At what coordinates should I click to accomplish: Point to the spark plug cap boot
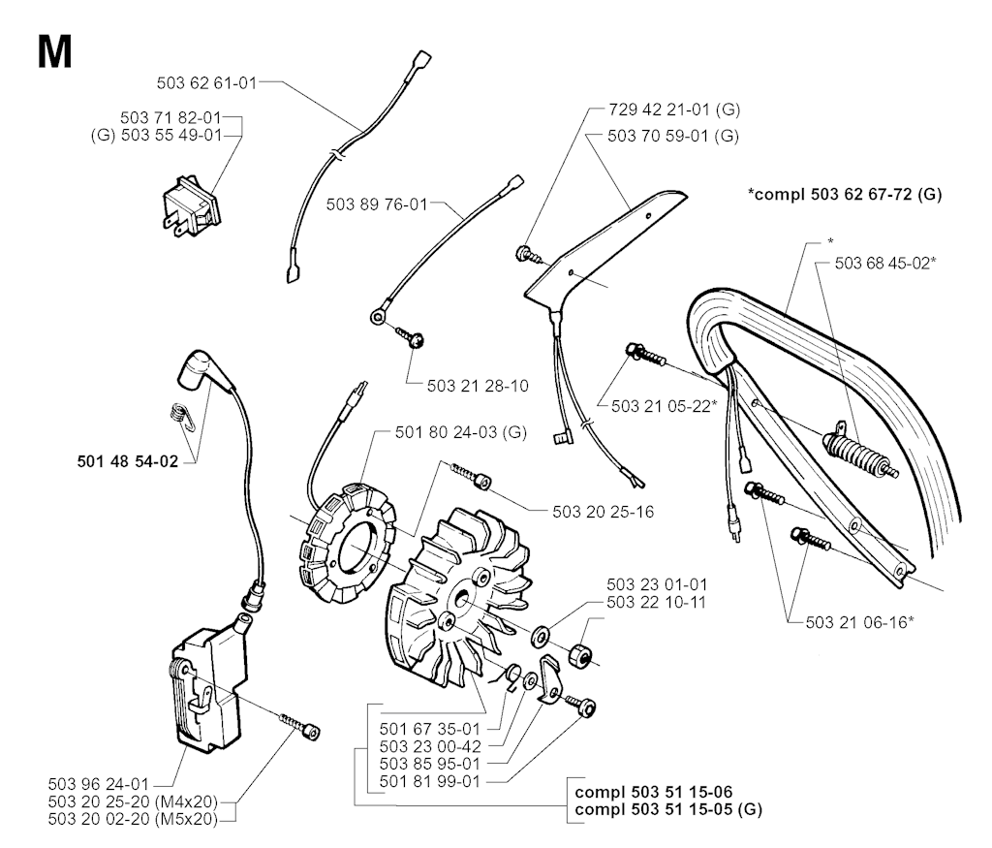coord(204,373)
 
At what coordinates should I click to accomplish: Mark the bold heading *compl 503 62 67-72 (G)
coord(844,195)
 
